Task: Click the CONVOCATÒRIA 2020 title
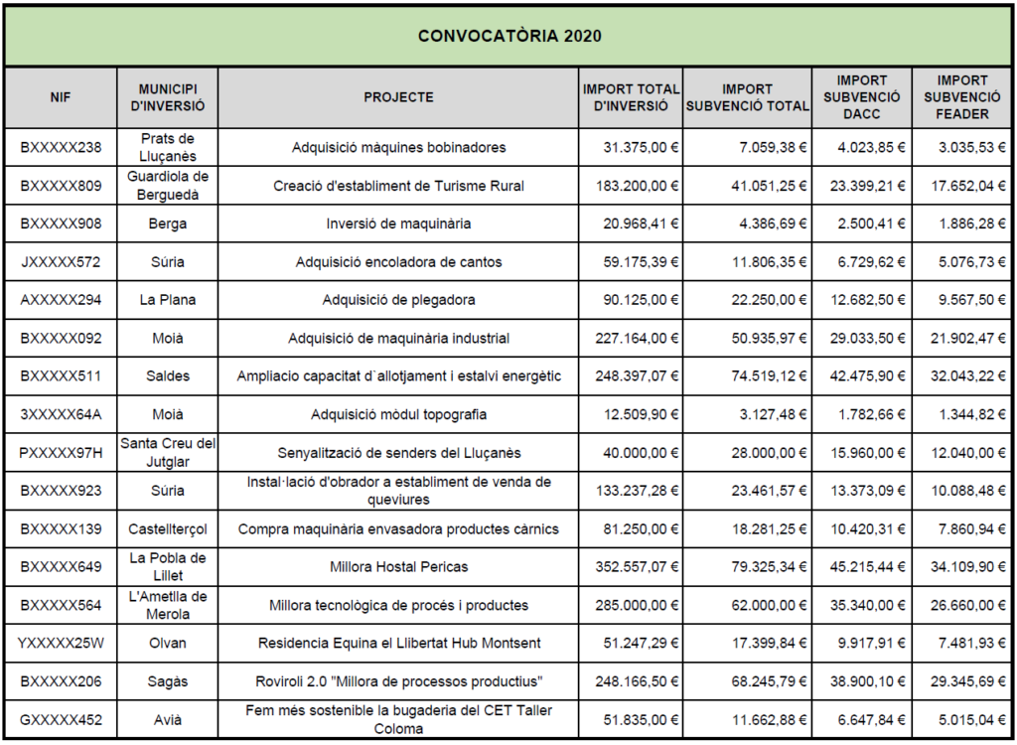[x=509, y=36]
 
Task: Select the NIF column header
[x=61, y=98]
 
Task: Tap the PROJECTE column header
[x=398, y=97]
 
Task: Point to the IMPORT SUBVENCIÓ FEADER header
[x=961, y=97]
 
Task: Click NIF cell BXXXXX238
[x=61, y=147]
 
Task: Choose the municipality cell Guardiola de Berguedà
[x=167, y=186]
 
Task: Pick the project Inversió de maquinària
[x=398, y=223]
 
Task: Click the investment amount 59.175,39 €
[x=641, y=262]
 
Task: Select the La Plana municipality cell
[x=167, y=300]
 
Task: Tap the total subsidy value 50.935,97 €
[x=770, y=338]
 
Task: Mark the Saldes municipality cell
[x=167, y=376]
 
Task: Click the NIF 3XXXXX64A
[x=61, y=414]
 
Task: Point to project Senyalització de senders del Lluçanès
[x=398, y=453]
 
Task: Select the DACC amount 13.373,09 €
[x=868, y=491]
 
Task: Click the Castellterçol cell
[x=167, y=529]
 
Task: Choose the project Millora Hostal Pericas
[x=398, y=567]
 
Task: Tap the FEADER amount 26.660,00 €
[x=967, y=606]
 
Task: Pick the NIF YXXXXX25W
[x=61, y=644]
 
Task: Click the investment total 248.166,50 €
[x=637, y=682]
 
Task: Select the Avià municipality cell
[x=167, y=720]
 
